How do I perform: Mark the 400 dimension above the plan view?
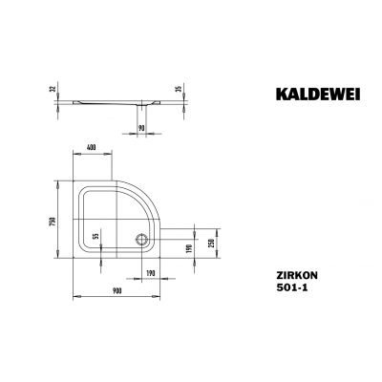tap(92, 148)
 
